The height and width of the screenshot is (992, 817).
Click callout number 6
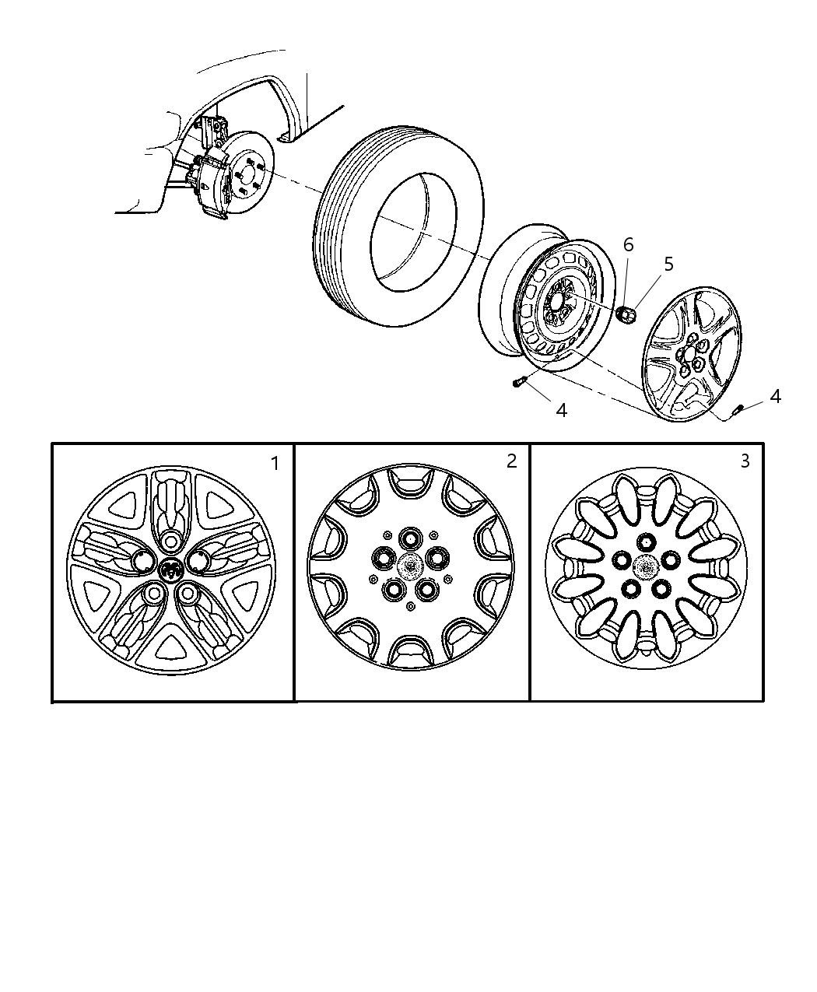click(629, 245)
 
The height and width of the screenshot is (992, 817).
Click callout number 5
click(668, 265)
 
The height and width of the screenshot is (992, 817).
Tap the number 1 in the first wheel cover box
click(275, 463)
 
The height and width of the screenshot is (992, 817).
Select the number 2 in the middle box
click(511, 461)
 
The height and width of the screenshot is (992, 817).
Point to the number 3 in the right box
click(745, 461)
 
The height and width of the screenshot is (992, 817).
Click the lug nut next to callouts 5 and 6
click(626, 314)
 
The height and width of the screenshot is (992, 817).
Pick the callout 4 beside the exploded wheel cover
click(776, 396)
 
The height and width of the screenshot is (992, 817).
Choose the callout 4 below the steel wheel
click(561, 411)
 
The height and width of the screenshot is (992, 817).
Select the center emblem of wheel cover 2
click(410, 566)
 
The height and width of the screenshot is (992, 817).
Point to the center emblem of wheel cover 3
click(646, 566)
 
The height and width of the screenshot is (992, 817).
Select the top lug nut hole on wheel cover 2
click(408, 538)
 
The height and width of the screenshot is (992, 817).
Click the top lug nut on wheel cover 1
click(170, 540)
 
